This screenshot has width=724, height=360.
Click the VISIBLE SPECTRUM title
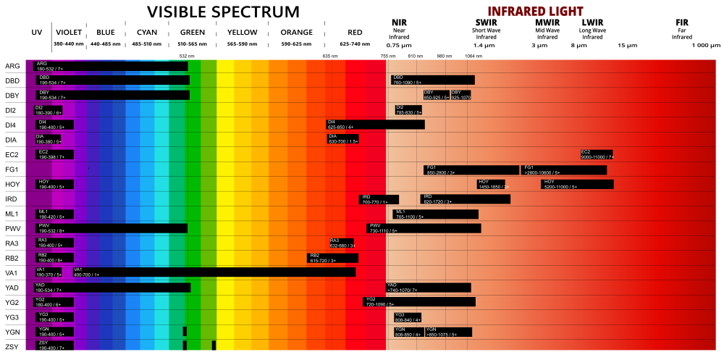pyautogui.click(x=223, y=12)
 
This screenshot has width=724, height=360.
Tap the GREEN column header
pyautogui.click(x=192, y=33)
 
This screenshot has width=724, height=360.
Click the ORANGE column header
pyautogui.click(x=297, y=33)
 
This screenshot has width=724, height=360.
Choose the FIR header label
pyautogui.click(x=681, y=23)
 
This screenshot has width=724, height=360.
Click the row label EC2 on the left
pyautogui.click(x=12, y=155)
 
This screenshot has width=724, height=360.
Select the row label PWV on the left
pyautogui.click(x=12, y=228)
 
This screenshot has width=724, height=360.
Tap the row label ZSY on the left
pyautogui.click(x=12, y=346)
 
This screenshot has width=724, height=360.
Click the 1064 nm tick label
pyautogui.click(x=473, y=56)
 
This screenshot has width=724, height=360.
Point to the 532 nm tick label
pyautogui.click(x=187, y=56)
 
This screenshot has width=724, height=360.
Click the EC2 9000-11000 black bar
pyautogui.click(x=596, y=154)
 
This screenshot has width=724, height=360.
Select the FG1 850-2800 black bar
pyautogui.click(x=471, y=169)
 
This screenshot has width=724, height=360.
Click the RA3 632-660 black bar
pyautogui.click(x=342, y=243)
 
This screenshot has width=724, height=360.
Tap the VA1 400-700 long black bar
pyautogui.click(x=214, y=272)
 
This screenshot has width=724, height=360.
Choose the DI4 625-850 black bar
pyautogui.click(x=375, y=125)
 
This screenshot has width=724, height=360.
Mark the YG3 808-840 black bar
pyautogui.click(x=408, y=317)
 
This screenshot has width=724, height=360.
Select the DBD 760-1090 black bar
pyautogui.click(x=433, y=80)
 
